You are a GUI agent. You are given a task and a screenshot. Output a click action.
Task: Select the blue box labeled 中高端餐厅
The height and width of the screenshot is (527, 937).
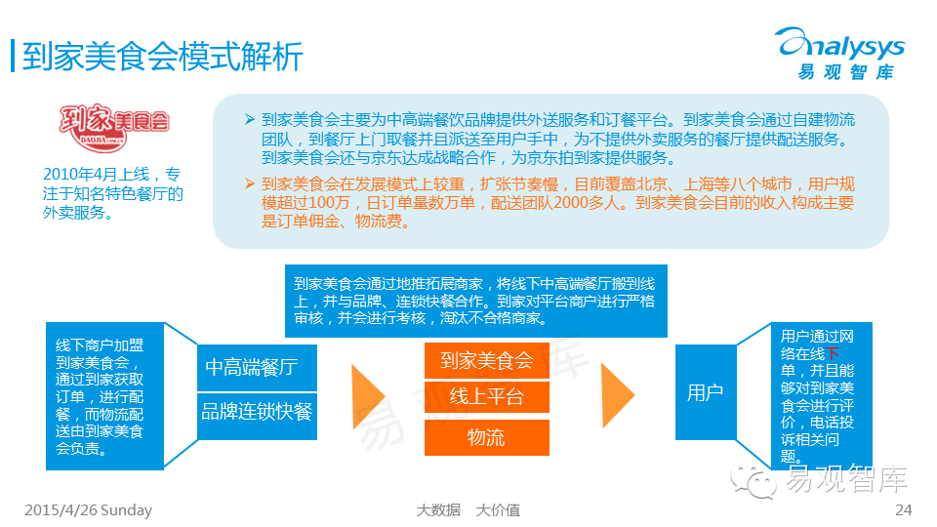pyautogui.click(x=251, y=368)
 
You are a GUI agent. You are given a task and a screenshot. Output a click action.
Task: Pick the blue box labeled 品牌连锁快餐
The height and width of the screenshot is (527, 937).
pyautogui.click(x=257, y=411)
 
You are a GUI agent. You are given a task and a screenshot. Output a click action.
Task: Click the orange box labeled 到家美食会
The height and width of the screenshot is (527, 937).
pyautogui.click(x=486, y=360)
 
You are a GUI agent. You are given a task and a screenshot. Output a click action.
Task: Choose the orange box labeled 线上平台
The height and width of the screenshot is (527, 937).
pyautogui.click(x=486, y=397)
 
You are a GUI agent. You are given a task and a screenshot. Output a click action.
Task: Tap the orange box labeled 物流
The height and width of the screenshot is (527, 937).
pyautogui.click(x=486, y=437)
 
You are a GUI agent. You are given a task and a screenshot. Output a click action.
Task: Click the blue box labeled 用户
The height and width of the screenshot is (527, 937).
pyautogui.click(x=705, y=393)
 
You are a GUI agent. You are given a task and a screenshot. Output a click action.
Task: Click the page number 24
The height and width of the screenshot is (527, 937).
pyautogui.click(x=903, y=510)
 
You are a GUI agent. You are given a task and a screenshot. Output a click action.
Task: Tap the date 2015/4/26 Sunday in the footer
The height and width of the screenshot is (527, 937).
pyautogui.click(x=88, y=510)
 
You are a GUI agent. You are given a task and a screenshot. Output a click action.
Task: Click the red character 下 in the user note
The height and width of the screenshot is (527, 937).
pyautogui.click(x=833, y=353)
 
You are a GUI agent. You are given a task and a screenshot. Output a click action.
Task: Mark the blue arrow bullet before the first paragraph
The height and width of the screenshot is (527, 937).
pyautogui.click(x=250, y=120)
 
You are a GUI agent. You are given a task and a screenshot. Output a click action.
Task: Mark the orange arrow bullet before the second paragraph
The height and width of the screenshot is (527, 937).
pyautogui.click(x=250, y=183)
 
